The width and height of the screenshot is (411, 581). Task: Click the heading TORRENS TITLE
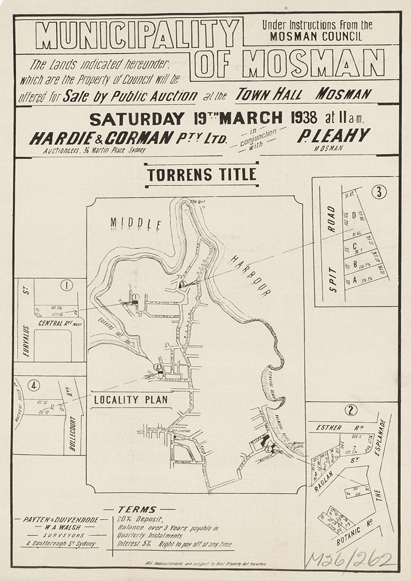pyautogui.click(x=202, y=174)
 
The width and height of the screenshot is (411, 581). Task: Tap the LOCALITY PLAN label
pyautogui.click(x=131, y=400)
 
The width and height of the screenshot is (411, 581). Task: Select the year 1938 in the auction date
pyautogui.click(x=301, y=118)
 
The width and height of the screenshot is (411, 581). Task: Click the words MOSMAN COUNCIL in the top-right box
pyautogui.click(x=316, y=36)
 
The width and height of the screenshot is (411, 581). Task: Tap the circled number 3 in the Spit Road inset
pyautogui.click(x=379, y=192)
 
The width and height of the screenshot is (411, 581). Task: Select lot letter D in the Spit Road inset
pyautogui.click(x=354, y=214)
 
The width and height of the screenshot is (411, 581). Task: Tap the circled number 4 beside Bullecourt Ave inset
pyautogui.click(x=33, y=386)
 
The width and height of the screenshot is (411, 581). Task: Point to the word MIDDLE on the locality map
pyautogui.click(x=135, y=223)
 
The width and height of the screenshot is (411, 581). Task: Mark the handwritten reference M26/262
pyautogui.click(x=350, y=561)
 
